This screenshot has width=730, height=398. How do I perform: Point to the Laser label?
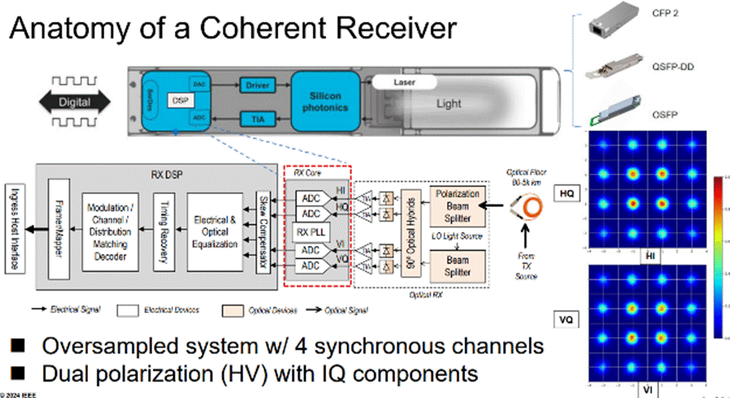coord(403,81)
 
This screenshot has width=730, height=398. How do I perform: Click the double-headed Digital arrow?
coord(75,101)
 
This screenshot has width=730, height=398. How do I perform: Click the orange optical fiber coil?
coord(523,206)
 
